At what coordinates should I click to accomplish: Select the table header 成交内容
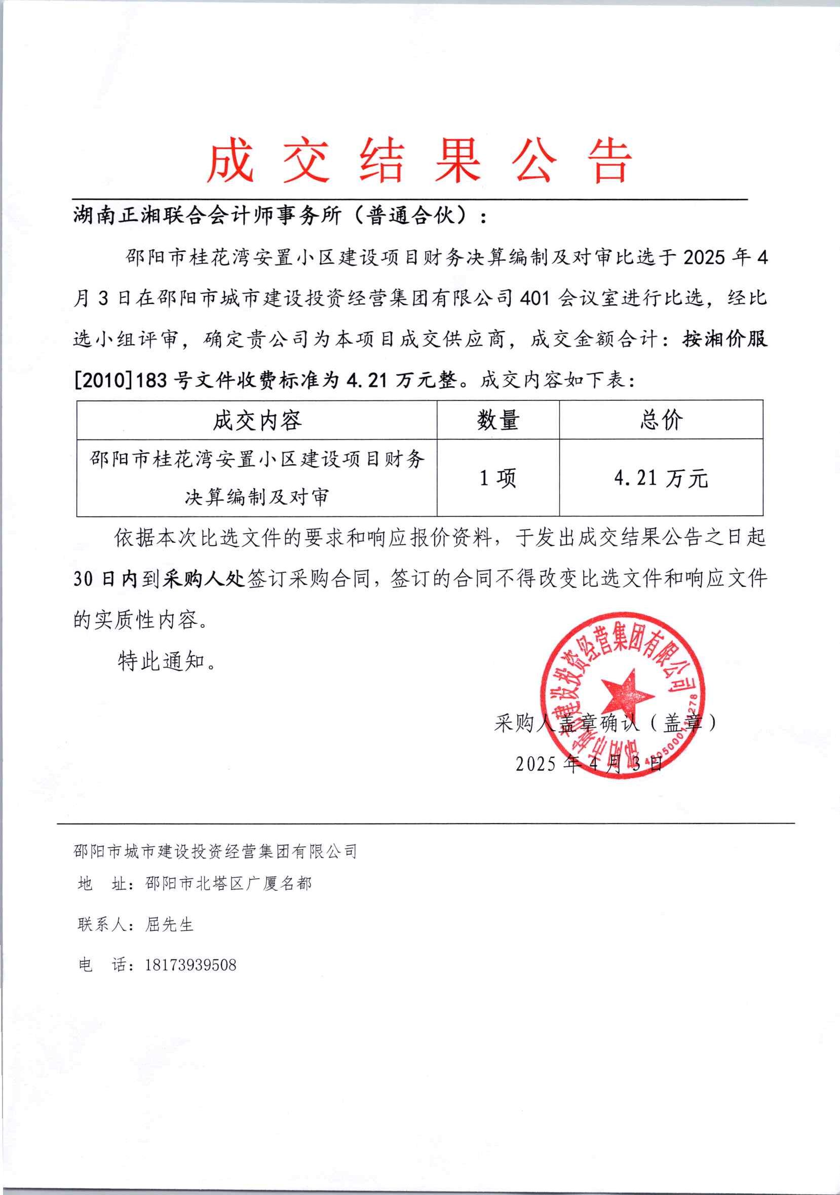click(256, 420)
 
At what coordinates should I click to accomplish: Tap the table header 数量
click(498, 420)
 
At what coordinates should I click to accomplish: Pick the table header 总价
click(661, 420)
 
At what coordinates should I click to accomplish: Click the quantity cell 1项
click(498, 478)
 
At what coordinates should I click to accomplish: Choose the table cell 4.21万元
click(661, 478)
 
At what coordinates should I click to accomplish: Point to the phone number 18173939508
click(190, 965)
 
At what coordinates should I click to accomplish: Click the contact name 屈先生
click(169, 924)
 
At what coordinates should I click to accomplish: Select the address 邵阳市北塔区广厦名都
click(228, 883)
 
